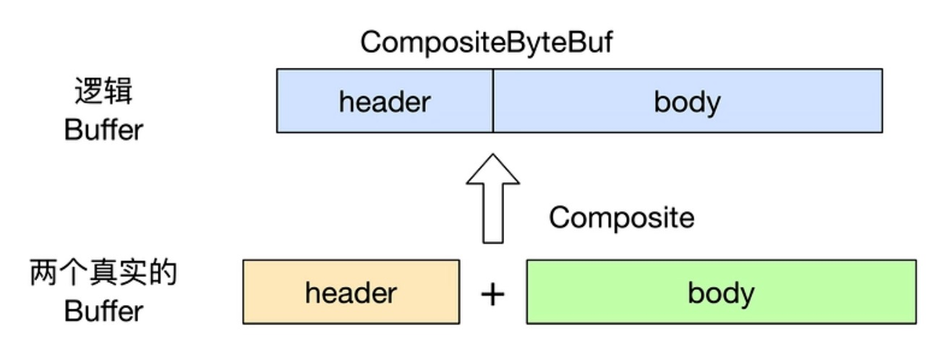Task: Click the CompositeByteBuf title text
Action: click(x=486, y=43)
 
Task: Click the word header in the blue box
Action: click(x=385, y=102)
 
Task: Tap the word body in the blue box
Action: click(x=687, y=103)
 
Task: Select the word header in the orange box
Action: click(x=351, y=293)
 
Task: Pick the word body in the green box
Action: click(x=721, y=294)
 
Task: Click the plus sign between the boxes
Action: click(x=492, y=294)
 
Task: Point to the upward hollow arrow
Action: click(x=493, y=198)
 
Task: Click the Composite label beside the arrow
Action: click(x=621, y=218)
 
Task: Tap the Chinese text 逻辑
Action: click(x=103, y=90)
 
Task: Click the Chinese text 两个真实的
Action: click(x=103, y=273)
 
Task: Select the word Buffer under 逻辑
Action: click(x=103, y=129)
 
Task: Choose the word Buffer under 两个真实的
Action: click(x=103, y=311)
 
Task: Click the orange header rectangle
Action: click(x=351, y=292)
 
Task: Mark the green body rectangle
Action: click(x=721, y=292)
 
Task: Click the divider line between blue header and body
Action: click(x=493, y=101)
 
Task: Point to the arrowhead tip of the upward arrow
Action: click(x=493, y=154)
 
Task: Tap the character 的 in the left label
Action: click(x=163, y=273)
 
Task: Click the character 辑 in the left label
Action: click(x=119, y=90)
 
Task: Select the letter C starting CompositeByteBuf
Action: click(x=372, y=42)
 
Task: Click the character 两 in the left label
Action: click(x=43, y=273)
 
